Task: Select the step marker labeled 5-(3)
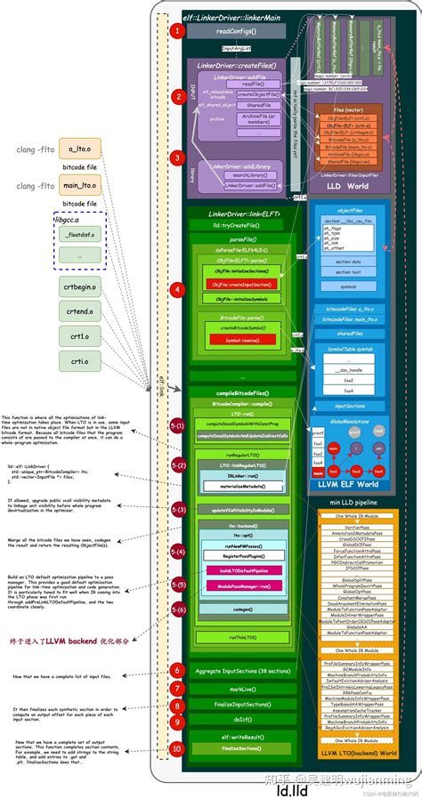[x=177, y=509]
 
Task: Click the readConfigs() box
[x=236, y=31]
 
